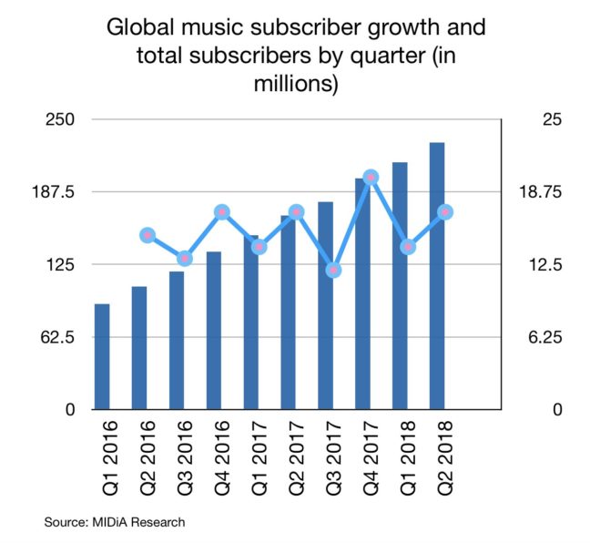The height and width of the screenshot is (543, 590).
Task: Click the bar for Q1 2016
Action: [x=102, y=357]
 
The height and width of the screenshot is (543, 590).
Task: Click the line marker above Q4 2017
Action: [x=371, y=177]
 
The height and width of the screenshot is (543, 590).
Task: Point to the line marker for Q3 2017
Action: [x=333, y=270]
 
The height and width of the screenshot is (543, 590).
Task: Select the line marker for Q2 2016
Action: [x=147, y=235]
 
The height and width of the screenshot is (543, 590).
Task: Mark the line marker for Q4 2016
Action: [x=221, y=212]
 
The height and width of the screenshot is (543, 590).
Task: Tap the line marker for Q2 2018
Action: [x=445, y=212]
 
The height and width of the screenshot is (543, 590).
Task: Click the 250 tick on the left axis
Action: [x=59, y=120]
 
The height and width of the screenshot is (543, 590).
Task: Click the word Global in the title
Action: [x=137, y=27]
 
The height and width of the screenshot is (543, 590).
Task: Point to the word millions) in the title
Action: [x=296, y=86]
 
